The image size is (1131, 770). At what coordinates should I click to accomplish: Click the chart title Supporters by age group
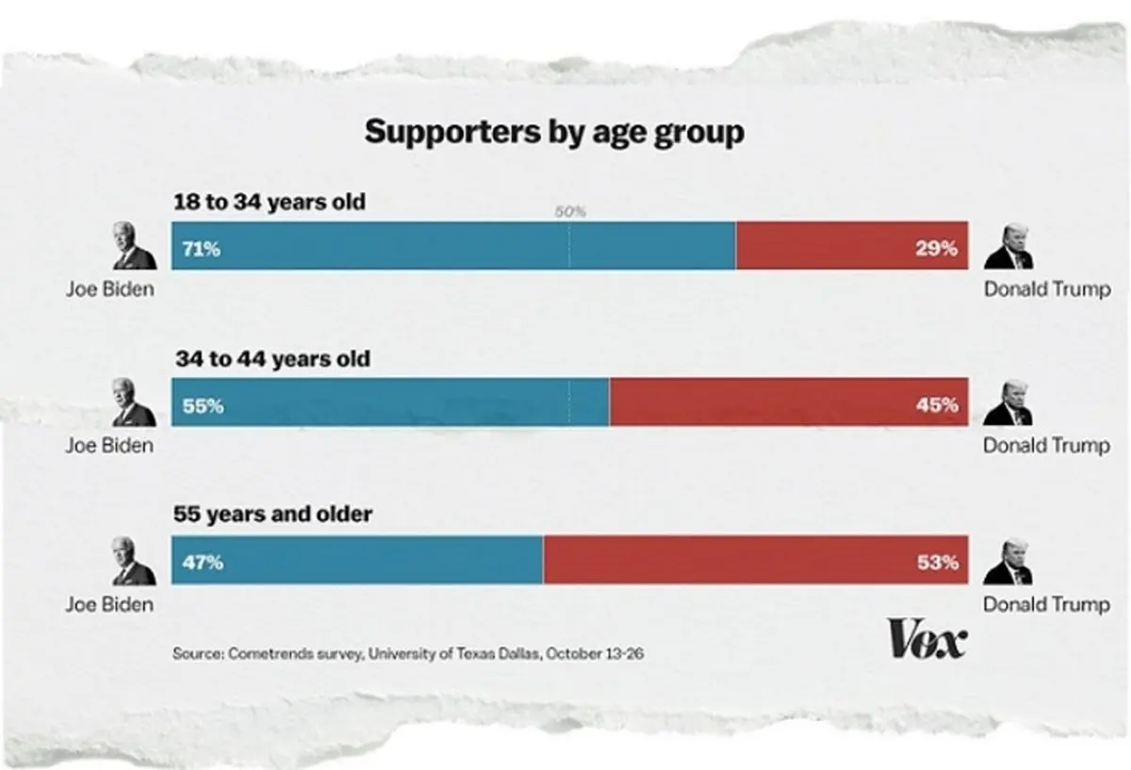(554, 132)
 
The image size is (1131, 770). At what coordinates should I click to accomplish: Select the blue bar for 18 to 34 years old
(452, 246)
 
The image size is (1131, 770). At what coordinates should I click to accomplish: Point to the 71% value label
(202, 249)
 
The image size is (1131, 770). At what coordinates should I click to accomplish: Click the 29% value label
(937, 249)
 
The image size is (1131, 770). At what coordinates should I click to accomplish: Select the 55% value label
(202, 405)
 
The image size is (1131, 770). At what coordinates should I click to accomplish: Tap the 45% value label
(937, 405)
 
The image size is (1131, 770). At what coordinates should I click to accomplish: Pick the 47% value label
(202, 563)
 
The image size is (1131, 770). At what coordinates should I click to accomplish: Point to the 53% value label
(937, 563)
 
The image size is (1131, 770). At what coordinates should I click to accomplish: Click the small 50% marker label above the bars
(570, 212)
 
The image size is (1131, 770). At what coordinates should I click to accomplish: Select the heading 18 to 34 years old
(269, 202)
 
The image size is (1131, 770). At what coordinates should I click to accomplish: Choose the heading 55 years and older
(273, 515)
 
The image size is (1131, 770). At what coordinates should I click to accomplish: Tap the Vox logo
(926, 641)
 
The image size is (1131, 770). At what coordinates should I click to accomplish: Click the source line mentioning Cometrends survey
(408, 653)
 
